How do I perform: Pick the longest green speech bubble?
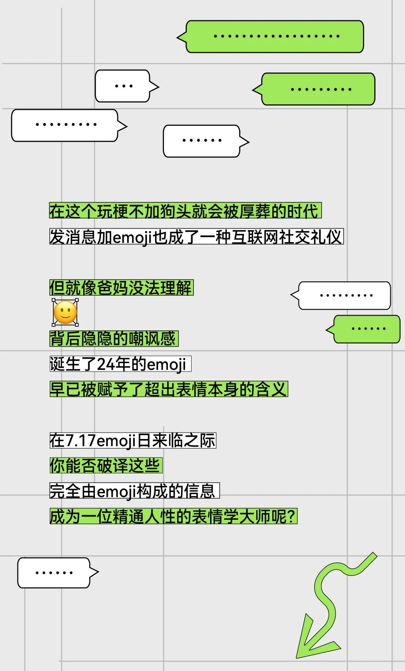coord(275,36)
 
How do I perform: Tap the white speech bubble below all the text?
coord(54,573)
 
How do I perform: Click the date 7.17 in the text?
coord(81,440)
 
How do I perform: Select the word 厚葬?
coord(255,211)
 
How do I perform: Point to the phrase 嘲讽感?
coord(152,339)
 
